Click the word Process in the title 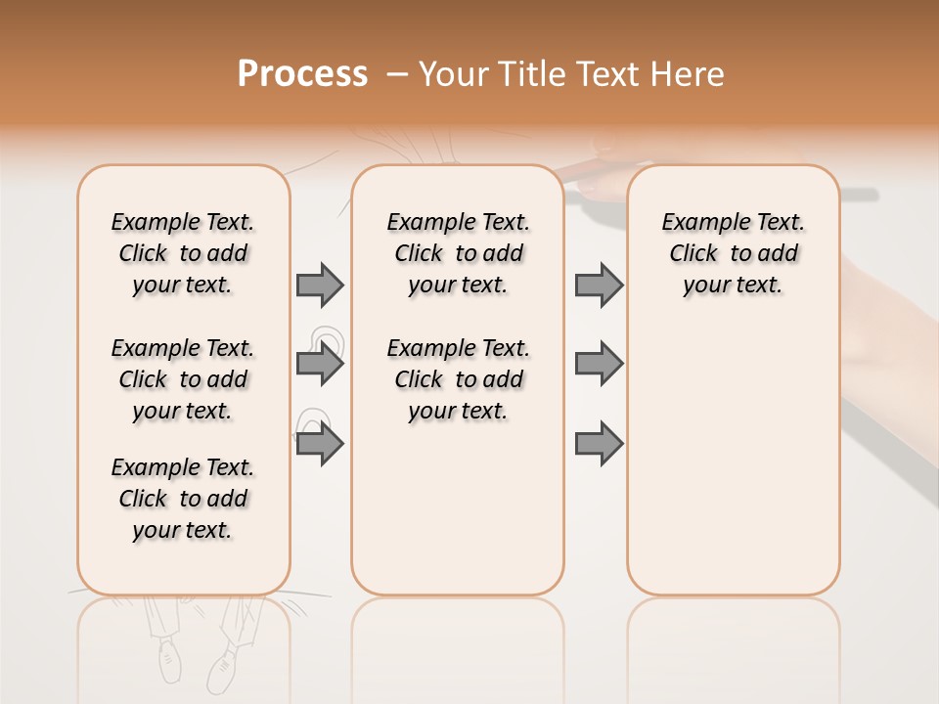click(302, 74)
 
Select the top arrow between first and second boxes click(320, 286)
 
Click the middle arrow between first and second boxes click(320, 365)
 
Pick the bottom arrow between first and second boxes click(320, 445)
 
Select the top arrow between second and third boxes click(599, 286)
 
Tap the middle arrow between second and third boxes click(599, 365)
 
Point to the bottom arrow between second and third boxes click(599, 445)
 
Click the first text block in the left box click(183, 253)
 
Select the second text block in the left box click(183, 379)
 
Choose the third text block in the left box click(183, 499)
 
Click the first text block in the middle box click(459, 253)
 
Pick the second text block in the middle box click(459, 379)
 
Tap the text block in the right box click(734, 253)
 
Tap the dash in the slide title click(397, 74)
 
